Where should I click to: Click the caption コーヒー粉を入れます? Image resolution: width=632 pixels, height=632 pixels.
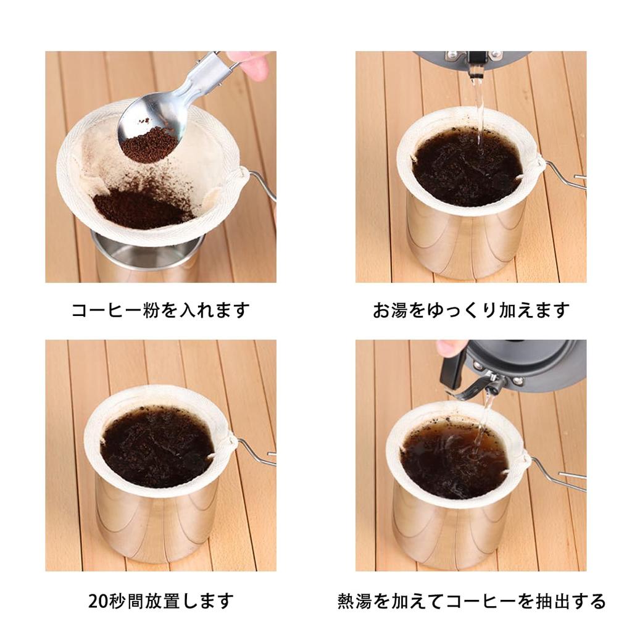pyautogui.click(x=160, y=310)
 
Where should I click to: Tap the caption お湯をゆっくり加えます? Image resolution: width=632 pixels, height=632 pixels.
pyautogui.click(x=471, y=310)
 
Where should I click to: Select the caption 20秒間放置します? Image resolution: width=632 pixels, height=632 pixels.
pyautogui.click(x=160, y=600)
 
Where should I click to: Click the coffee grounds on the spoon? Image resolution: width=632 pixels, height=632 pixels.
pyautogui.click(x=148, y=144)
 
